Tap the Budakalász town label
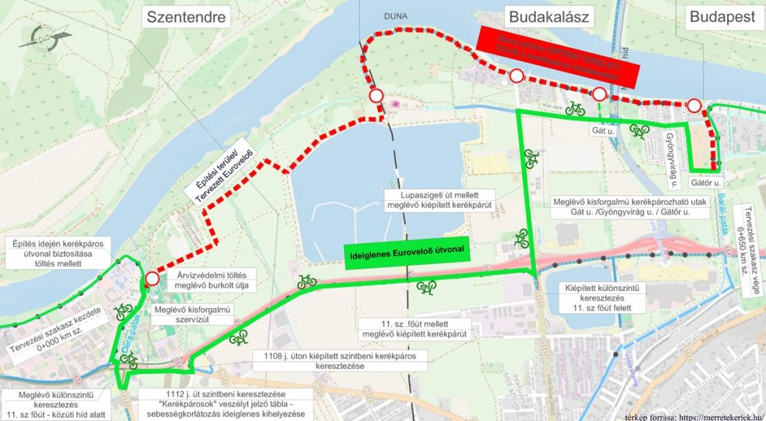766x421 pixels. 548,17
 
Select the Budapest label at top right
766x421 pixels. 722,17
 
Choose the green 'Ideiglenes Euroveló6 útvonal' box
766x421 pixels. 407,253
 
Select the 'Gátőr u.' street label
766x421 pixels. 705,182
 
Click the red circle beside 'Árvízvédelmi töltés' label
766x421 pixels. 152,279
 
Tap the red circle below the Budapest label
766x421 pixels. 695,105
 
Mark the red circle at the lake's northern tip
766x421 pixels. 376,96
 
